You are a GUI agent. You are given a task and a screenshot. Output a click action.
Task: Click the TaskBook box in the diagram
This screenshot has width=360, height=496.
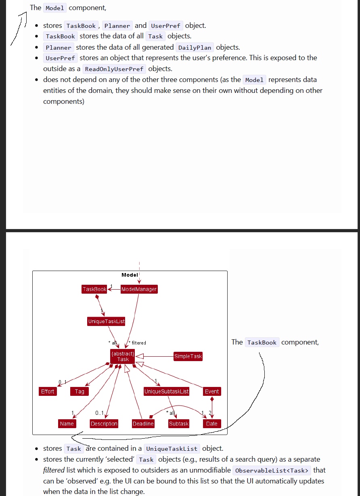click(x=94, y=289)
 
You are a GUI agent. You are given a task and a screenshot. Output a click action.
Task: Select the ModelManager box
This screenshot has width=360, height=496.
click(x=139, y=289)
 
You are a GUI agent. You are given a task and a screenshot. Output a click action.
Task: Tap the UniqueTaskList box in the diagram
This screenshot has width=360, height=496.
click(x=106, y=322)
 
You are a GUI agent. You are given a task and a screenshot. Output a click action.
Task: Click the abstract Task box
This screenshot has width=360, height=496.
click(x=123, y=356)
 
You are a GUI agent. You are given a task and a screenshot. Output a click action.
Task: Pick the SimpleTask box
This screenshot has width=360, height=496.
click(x=188, y=356)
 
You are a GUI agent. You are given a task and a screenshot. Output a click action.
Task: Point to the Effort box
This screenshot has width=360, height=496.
click(x=48, y=391)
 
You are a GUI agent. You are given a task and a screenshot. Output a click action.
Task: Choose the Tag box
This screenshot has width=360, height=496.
click(x=80, y=391)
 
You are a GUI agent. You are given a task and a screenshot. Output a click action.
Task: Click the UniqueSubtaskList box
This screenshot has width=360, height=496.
click(x=167, y=391)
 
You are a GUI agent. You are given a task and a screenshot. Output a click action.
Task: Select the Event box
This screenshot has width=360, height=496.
click(x=212, y=391)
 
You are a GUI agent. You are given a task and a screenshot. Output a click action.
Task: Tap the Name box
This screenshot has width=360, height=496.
click(x=67, y=424)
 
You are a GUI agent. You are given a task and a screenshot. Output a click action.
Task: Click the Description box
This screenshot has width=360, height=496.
click(x=104, y=424)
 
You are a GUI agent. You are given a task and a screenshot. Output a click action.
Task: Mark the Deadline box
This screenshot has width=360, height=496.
click(x=143, y=424)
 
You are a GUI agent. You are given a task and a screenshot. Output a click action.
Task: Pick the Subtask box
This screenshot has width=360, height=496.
click(x=179, y=424)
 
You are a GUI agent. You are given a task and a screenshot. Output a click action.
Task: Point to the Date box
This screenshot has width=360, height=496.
click(x=212, y=424)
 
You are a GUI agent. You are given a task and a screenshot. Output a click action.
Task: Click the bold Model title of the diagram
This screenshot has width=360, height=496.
click(x=130, y=275)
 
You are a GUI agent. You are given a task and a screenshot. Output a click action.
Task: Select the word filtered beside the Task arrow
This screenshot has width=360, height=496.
click(x=139, y=343)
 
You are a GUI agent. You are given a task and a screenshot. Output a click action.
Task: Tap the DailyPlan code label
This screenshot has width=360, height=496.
click(x=195, y=48)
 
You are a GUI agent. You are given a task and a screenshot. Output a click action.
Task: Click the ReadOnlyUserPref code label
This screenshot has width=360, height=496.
click(x=114, y=69)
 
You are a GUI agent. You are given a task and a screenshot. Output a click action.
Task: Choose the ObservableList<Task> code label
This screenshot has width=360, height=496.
click(x=272, y=471)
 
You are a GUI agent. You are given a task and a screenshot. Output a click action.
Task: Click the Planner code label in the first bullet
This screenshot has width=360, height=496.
click(x=117, y=26)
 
